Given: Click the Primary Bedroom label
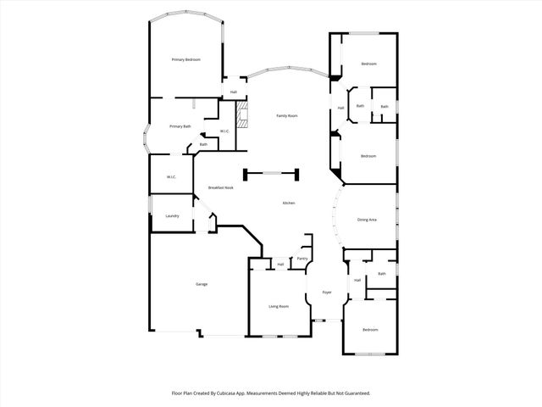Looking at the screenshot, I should [x=185, y=59].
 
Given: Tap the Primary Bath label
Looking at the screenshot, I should [x=180, y=126].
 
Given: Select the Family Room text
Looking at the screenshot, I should [x=286, y=115].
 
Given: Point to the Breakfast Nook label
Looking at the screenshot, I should [x=220, y=187].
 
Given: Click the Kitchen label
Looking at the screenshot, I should [x=288, y=203].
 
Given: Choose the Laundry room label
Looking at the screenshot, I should [x=172, y=216].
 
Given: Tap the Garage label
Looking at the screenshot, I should [x=202, y=284].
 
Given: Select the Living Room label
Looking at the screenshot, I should [x=279, y=306].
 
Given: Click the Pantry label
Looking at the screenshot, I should [x=301, y=259].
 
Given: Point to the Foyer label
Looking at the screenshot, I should [x=326, y=293].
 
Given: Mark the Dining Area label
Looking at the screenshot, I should [x=367, y=220].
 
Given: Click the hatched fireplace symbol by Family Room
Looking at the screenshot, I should [x=243, y=116].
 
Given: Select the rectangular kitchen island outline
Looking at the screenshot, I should [x=271, y=175].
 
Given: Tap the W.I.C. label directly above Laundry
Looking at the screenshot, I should [x=171, y=176].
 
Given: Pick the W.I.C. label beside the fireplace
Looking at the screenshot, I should [x=224, y=131].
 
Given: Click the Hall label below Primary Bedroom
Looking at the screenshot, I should [x=233, y=92].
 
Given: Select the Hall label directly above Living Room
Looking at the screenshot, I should [x=280, y=265].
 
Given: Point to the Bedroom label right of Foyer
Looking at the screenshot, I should [x=370, y=329].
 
